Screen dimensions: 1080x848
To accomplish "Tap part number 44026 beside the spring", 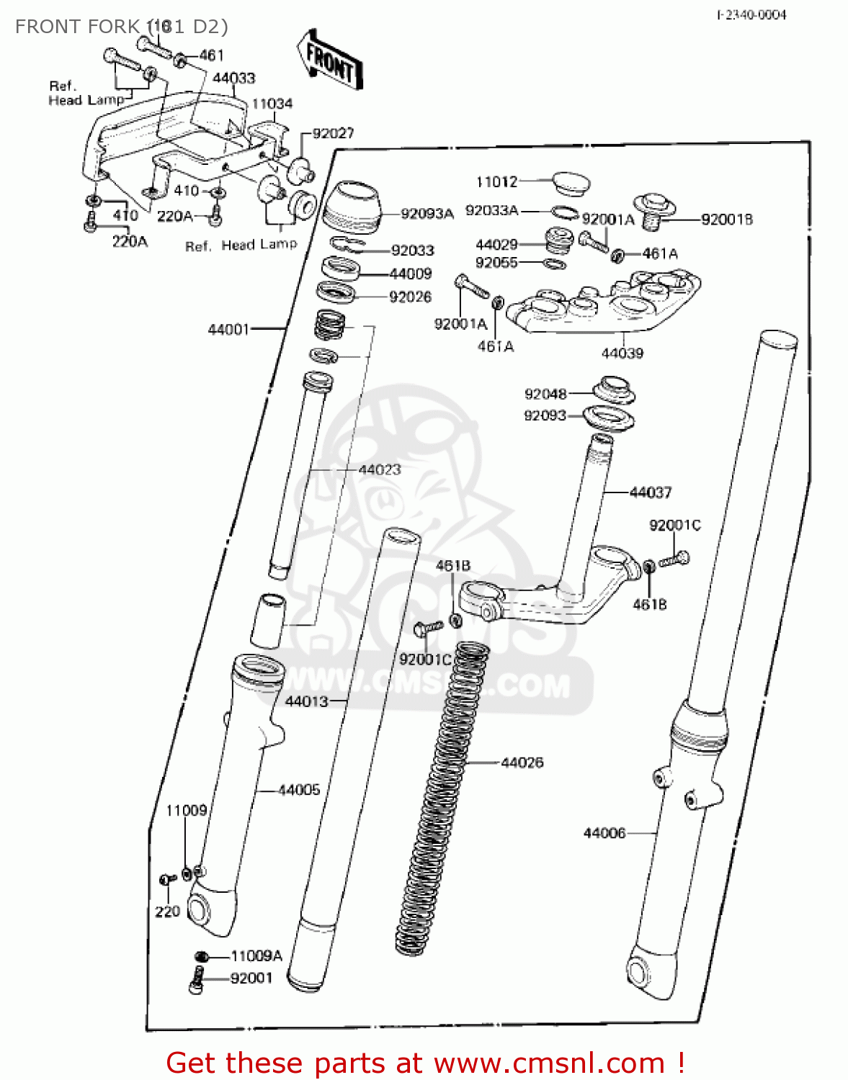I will [x=522, y=762].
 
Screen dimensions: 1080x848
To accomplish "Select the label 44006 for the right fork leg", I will [x=604, y=833].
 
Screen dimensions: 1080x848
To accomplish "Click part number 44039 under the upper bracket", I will [x=622, y=354].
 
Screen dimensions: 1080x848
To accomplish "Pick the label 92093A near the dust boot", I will [x=427, y=214].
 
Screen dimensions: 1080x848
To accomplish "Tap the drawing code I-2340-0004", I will [x=751, y=14].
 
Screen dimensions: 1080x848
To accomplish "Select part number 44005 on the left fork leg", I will [x=298, y=790].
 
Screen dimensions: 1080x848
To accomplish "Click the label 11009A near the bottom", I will [x=256, y=956].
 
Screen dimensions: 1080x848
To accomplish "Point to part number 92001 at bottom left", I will [x=251, y=978].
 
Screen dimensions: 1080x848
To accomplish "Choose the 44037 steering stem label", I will [x=650, y=492].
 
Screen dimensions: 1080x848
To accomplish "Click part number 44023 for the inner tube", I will [x=379, y=469].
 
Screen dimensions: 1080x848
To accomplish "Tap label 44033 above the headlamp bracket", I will [x=233, y=78].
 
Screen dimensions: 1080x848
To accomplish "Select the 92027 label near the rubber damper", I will [x=333, y=133].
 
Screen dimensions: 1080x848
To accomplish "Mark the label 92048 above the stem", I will [x=545, y=394].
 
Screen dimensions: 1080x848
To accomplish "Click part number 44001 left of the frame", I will [x=228, y=329].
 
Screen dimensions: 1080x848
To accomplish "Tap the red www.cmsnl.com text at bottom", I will [x=550, y=1063].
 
